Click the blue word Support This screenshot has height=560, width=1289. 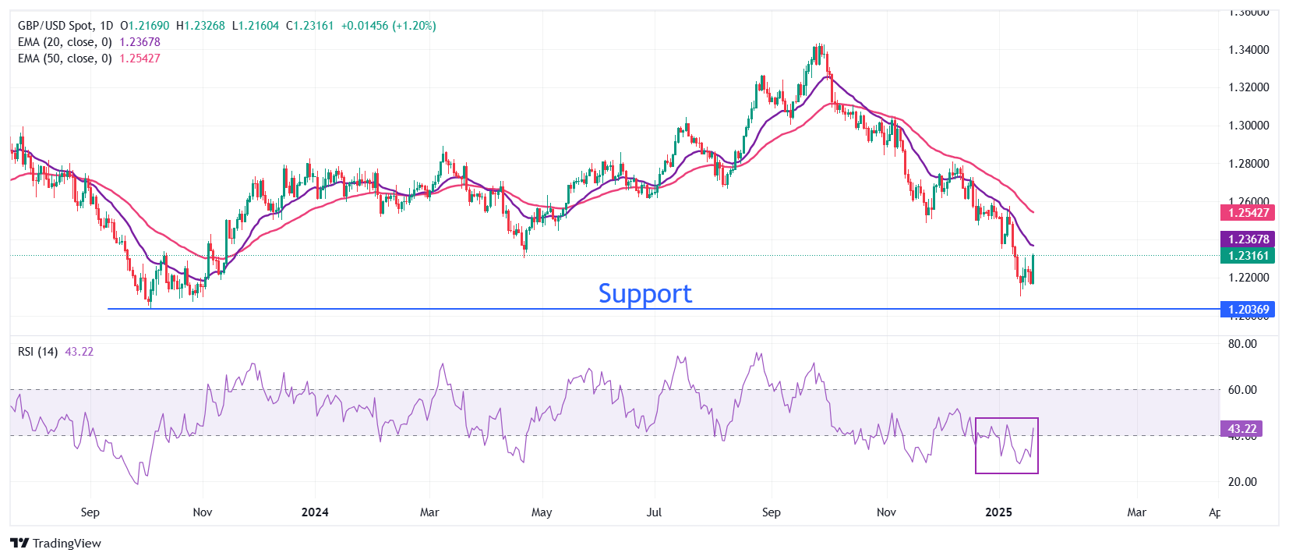(x=644, y=294)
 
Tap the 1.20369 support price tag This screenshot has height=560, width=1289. (x=1248, y=310)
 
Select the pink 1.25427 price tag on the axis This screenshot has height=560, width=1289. (x=1248, y=213)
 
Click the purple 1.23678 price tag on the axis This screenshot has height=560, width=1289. (x=1248, y=239)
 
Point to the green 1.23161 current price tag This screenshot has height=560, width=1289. (x=1248, y=256)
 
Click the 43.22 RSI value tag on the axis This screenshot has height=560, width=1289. (x=1241, y=429)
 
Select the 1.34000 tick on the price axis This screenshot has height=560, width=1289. (x=1248, y=50)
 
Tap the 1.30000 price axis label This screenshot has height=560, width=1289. (x=1248, y=126)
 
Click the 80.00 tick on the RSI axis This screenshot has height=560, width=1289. (x=1242, y=344)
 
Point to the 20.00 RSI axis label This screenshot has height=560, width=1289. (x=1242, y=482)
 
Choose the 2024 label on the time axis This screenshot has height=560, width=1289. (x=315, y=512)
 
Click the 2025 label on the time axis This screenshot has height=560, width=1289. (x=998, y=512)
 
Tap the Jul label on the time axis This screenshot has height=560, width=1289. (x=654, y=512)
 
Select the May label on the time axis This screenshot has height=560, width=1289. (x=541, y=512)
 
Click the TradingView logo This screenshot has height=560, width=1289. (x=56, y=543)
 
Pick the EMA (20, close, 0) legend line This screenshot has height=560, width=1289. (x=65, y=42)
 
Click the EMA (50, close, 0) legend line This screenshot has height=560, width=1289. (x=65, y=58)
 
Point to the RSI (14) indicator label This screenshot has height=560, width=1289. (x=37, y=352)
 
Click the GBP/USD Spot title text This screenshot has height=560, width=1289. (x=55, y=26)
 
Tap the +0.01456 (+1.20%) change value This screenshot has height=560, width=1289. (x=388, y=26)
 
